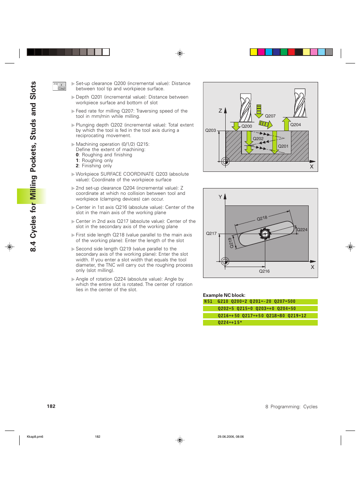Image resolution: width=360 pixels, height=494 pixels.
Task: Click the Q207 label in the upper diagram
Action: [x=270, y=116]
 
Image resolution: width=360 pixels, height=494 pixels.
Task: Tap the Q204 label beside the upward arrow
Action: [x=295, y=125]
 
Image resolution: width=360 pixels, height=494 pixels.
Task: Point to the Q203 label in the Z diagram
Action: [x=211, y=130]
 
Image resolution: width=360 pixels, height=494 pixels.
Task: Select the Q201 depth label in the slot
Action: [x=283, y=146]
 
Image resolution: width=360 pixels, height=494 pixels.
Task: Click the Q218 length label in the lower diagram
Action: [x=262, y=218]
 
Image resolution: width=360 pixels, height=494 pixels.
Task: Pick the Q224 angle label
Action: [x=302, y=230]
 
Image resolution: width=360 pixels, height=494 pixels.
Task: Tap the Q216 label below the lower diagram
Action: [x=264, y=271]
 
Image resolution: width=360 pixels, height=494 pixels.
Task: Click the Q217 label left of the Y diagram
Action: [x=211, y=233]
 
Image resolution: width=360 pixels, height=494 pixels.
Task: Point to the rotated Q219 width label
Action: [x=231, y=242]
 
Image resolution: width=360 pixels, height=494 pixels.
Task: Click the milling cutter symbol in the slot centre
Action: [x=265, y=234]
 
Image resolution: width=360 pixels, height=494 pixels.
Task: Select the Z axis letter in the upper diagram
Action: [x=220, y=111]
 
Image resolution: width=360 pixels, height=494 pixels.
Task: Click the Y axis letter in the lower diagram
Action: [x=220, y=197]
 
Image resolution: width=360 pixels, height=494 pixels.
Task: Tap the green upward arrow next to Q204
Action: [x=286, y=124]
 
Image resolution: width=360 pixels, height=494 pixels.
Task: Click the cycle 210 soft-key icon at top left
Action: [x=59, y=86]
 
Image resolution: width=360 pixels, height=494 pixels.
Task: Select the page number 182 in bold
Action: [x=51, y=406]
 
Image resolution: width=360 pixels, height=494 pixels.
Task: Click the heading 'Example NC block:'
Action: [x=224, y=295]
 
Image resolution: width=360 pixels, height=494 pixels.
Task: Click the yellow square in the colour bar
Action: [x=254, y=52]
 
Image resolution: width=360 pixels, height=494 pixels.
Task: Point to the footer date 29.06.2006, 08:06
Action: [x=231, y=437]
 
